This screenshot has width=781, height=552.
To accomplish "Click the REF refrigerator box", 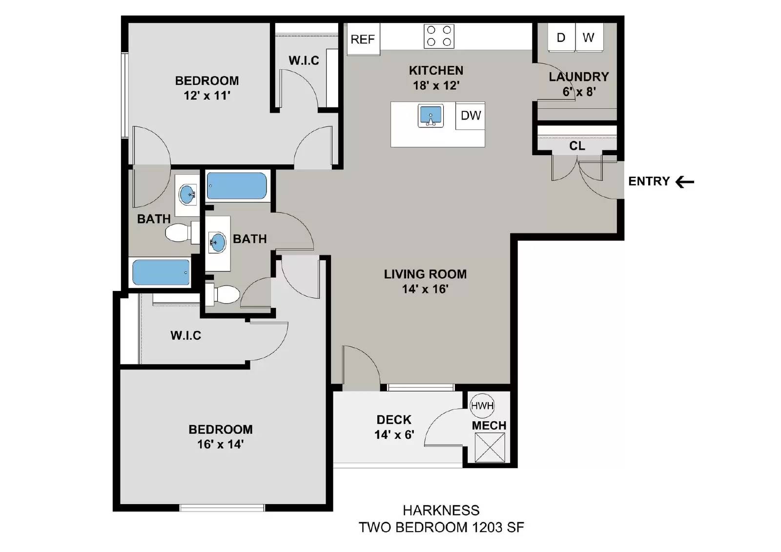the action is (363, 39).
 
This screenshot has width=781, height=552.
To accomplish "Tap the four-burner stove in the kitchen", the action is (439, 36).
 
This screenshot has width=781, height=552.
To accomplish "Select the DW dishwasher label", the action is (471, 115).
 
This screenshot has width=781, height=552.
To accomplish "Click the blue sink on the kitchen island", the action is (431, 115).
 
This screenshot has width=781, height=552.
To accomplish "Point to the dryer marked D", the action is (561, 37).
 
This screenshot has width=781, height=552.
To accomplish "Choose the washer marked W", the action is (589, 37).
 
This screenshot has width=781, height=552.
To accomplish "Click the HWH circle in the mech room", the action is (482, 406).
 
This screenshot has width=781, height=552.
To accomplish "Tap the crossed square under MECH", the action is (490, 448).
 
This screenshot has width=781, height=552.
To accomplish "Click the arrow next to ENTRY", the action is (684, 182).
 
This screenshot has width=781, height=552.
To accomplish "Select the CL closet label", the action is (577, 146).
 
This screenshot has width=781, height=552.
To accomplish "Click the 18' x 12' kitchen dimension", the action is (436, 85).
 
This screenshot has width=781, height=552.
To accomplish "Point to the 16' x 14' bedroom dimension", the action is (220, 444).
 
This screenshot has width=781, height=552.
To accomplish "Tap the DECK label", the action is (394, 420).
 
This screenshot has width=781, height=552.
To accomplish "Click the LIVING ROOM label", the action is (425, 274).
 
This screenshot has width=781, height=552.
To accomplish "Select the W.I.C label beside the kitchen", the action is (304, 61).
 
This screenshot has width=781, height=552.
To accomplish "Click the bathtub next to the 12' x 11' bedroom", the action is (237, 186).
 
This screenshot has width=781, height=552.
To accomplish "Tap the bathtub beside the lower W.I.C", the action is (161, 272).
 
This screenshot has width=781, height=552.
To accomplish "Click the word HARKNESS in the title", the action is (441, 511).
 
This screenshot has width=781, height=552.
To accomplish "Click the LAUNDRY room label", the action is (579, 77).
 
